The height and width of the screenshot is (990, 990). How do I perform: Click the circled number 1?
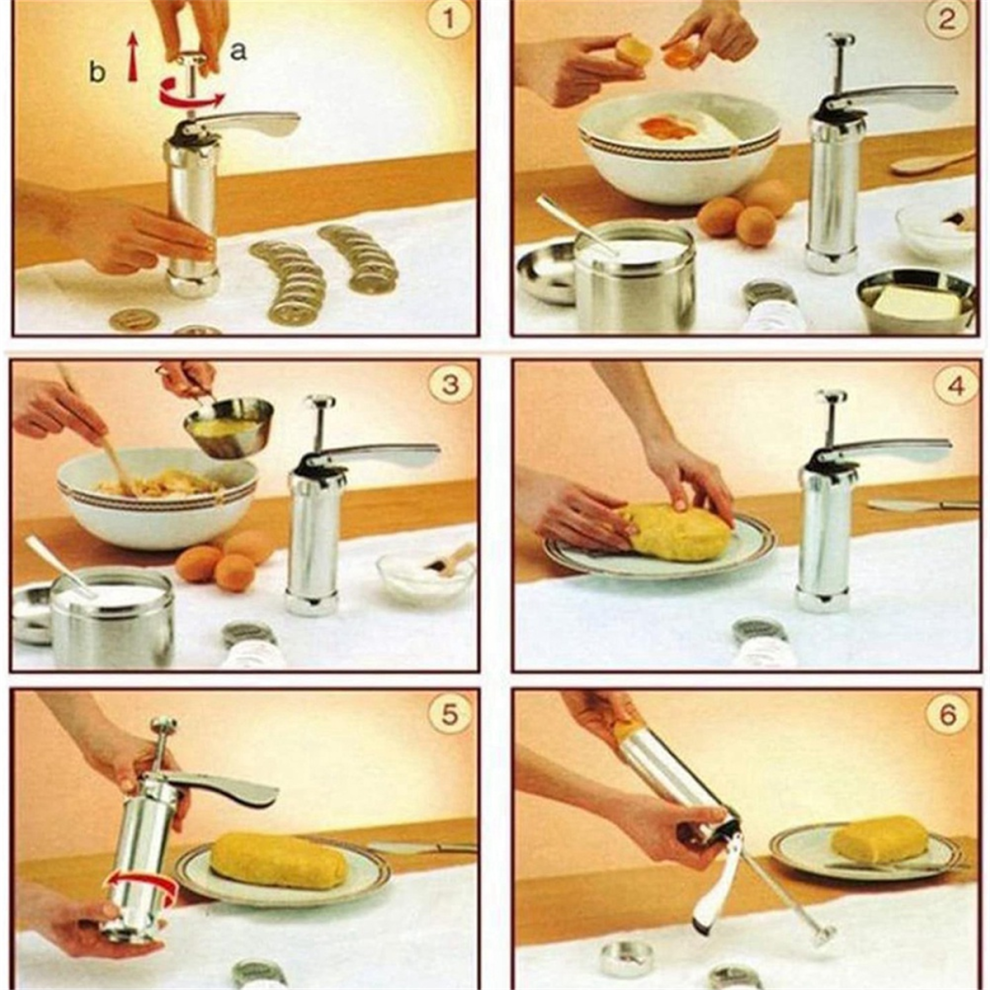pyautogui.click(x=448, y=19)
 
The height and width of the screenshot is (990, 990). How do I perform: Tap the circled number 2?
pyautogui.click(x=946, y=19)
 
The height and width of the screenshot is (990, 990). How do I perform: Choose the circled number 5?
pyautogui.click(x=448, y=714)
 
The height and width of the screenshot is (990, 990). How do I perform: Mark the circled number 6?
pyautogui.click(x=948, y=714)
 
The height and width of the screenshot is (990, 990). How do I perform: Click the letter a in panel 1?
pyautogui.click(x=238, y=51)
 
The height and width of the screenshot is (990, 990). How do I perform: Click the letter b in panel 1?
pyautogui.click(x=97, y=71)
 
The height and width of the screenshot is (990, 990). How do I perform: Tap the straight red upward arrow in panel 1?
pyautogui.click(x=133, y=57)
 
